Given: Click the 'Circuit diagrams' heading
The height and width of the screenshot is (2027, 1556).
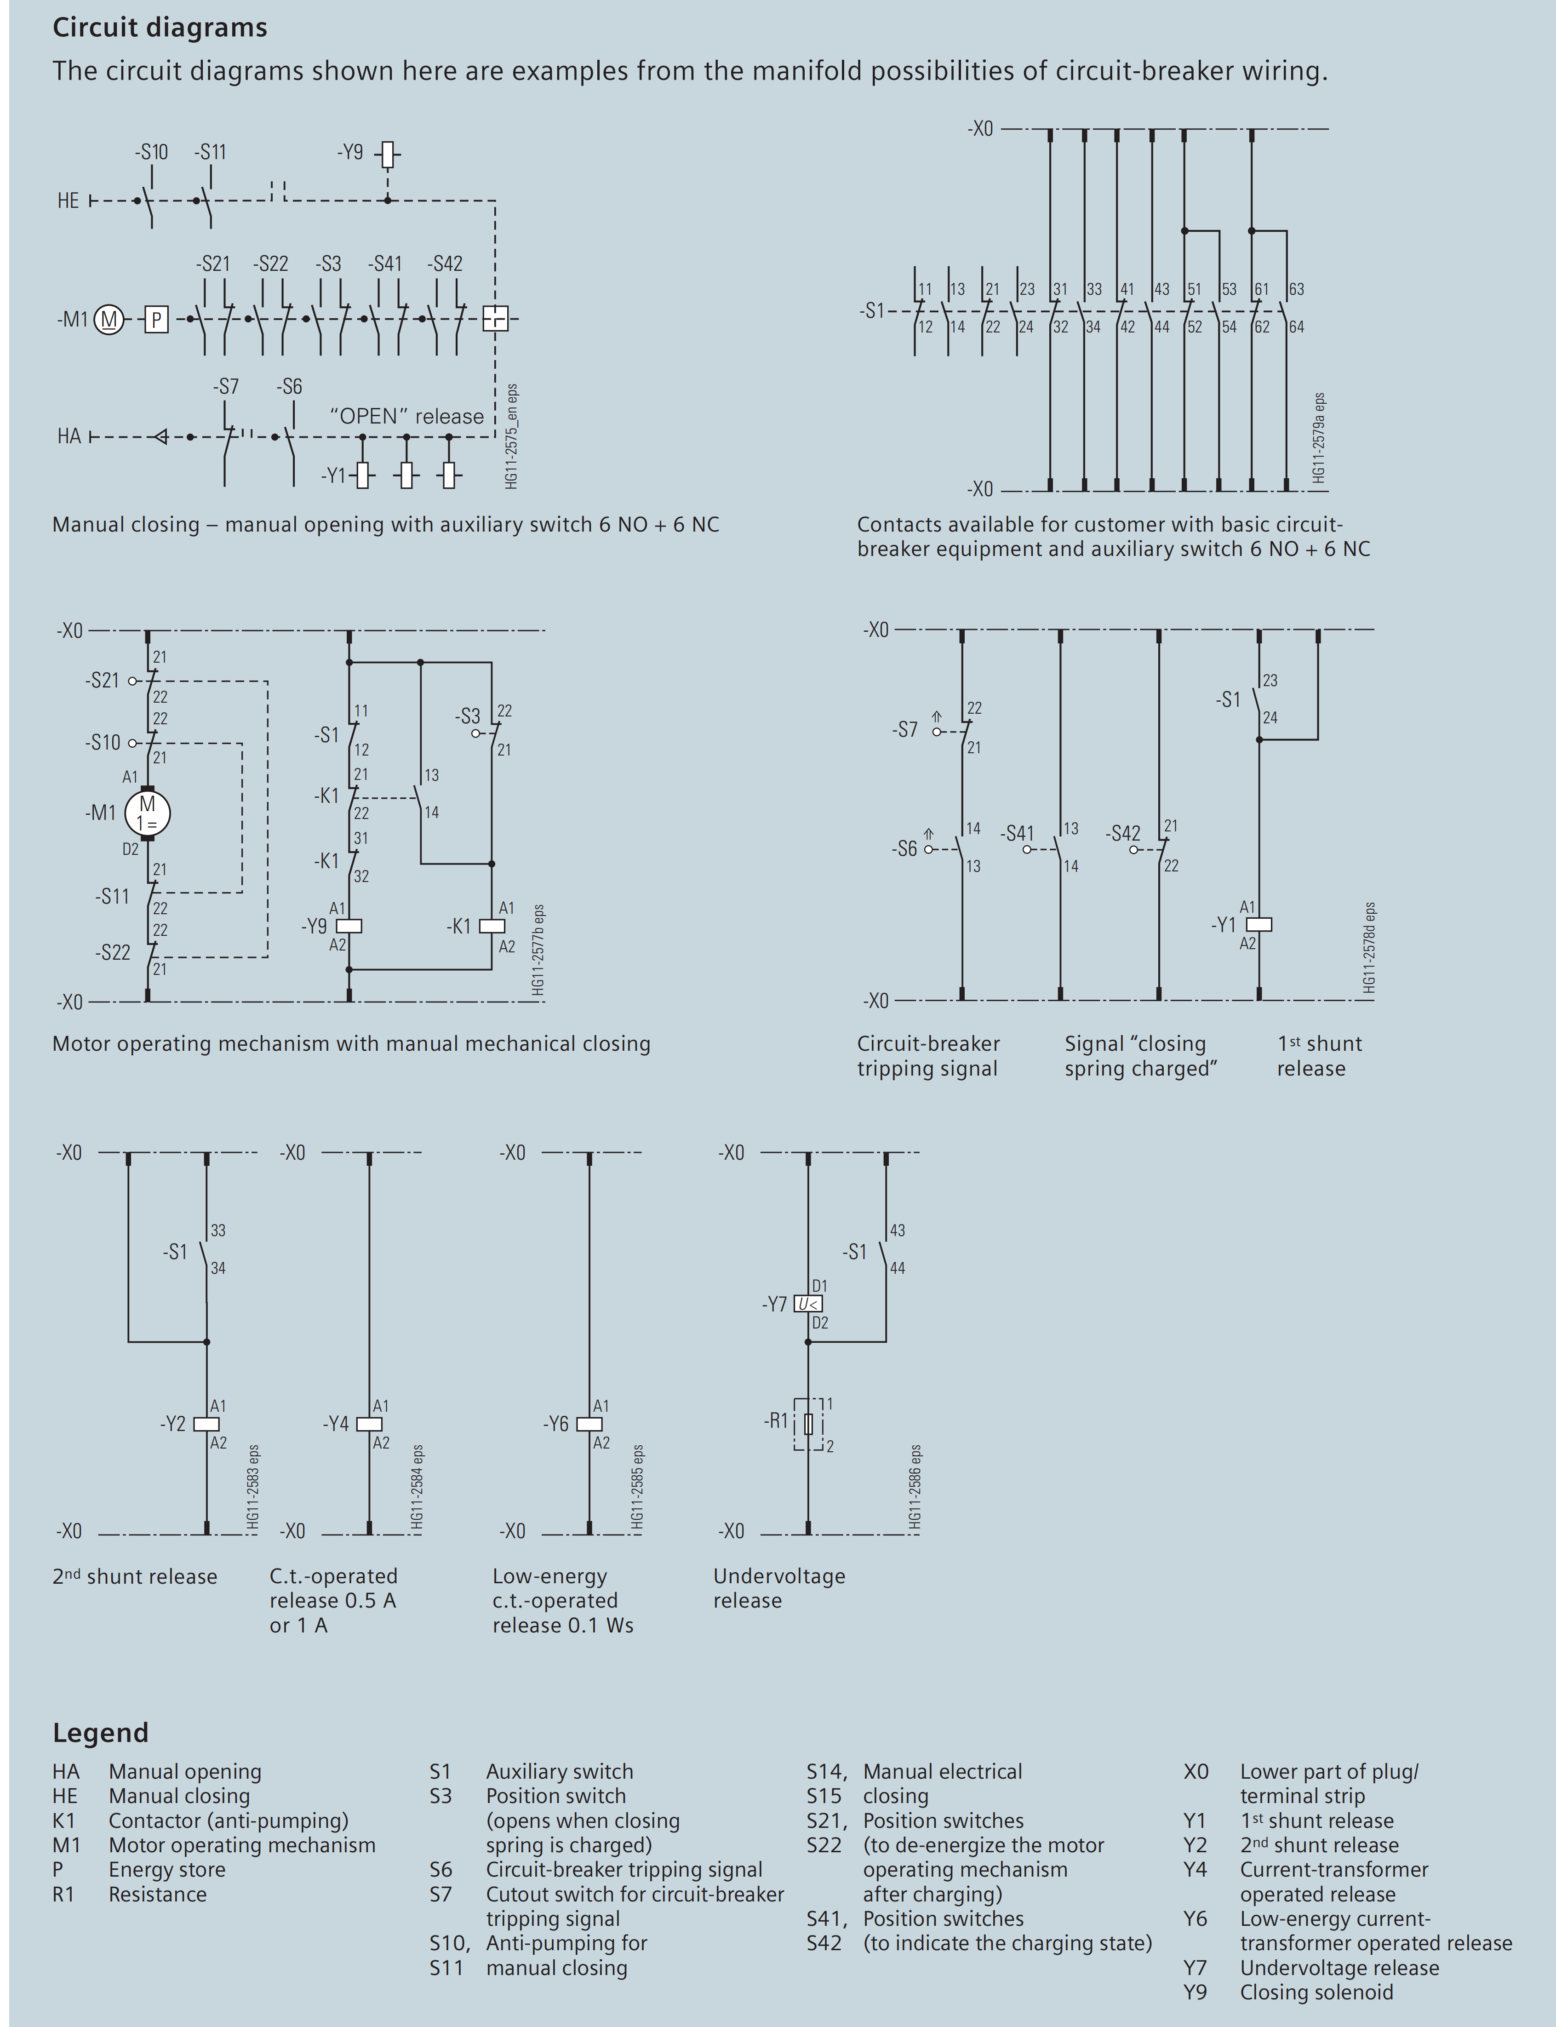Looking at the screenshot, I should coord(159,28).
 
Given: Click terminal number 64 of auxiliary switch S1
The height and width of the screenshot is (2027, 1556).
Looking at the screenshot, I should coord(1297,327).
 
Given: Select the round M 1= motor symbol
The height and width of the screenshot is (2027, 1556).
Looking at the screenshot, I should coord(147,813).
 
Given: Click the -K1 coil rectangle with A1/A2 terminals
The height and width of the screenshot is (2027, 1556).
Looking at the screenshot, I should coord(492,926).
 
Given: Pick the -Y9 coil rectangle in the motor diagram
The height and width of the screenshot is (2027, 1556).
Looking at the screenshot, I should coord(349,926).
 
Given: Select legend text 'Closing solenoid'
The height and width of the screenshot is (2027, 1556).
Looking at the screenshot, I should coord(1316,1992).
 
